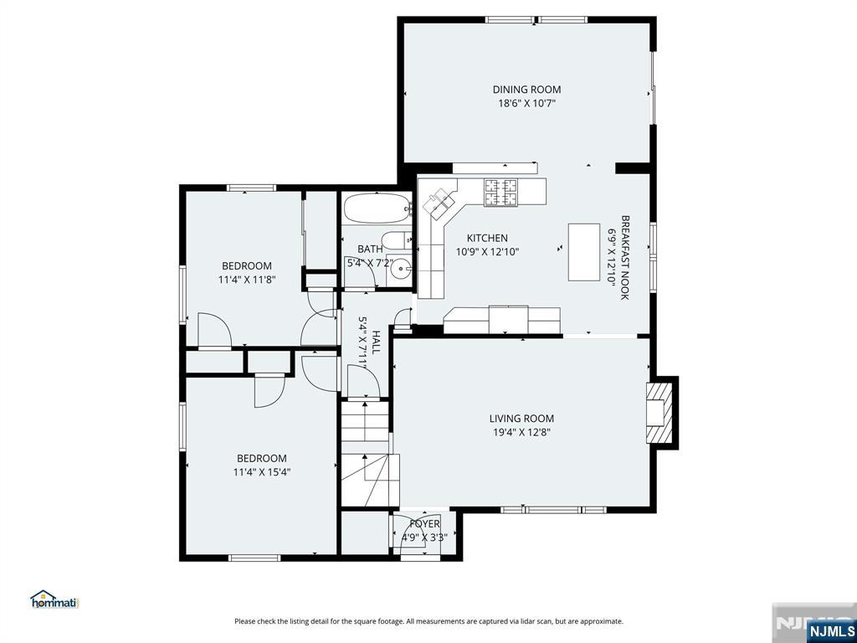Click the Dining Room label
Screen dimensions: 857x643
526,90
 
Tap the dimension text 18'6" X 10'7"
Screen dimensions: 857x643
526,103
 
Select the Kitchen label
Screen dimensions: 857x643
487,238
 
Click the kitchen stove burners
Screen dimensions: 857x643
500,193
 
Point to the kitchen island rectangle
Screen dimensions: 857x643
583,252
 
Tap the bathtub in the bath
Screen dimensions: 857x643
377,208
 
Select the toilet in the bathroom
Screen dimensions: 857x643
396,239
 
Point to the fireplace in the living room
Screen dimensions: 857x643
659,412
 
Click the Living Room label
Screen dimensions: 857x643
521,419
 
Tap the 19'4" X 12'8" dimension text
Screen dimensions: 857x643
521,433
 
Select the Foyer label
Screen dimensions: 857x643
424,524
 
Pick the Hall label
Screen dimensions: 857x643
377,342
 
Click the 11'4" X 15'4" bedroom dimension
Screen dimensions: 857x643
262,472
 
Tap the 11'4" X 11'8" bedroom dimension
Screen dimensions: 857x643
247,280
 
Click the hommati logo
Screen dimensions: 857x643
54,599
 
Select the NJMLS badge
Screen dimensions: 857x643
830,631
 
